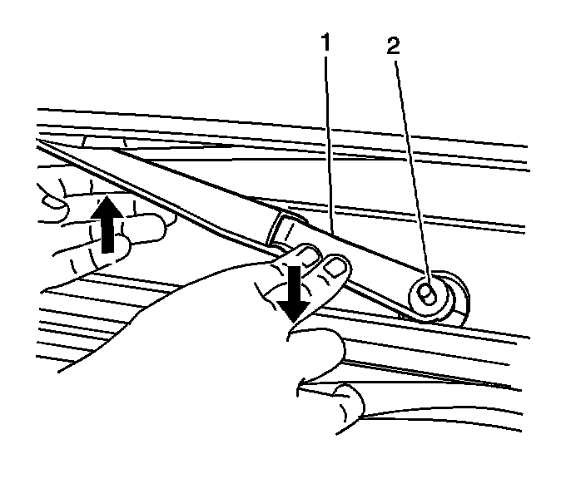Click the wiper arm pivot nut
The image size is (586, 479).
tap(427, 294)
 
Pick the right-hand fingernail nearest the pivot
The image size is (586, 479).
tap(336, 266)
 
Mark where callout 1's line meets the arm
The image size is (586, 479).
tap(330, 232)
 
